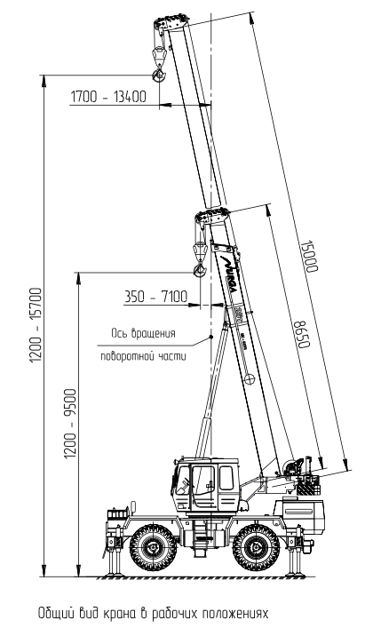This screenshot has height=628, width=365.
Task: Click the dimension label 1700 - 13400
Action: click(x=108, y=97)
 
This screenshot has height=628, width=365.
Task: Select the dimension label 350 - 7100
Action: click(x=155, y=297)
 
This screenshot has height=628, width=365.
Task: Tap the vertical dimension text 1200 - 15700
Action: click(x=36, y=325)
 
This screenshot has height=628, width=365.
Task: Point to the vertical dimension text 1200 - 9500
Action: click(x=70, y=424)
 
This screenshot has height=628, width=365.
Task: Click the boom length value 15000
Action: click(x=309, y=256)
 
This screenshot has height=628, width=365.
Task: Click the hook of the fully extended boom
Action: click(x=159, y=75)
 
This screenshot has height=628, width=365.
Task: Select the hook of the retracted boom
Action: click(x=199, y=271)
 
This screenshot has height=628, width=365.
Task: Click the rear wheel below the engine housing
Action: click(x=255, y=547)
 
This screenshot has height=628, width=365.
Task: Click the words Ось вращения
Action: click(x=143, y=333)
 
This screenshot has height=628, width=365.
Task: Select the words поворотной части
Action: click(x=143, y=356)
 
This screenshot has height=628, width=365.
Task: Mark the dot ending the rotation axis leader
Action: click(x=210, y=338)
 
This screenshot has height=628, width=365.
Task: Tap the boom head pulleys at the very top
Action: click(x=171, y=20)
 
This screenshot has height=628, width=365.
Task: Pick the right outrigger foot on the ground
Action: click(x=296, y=575)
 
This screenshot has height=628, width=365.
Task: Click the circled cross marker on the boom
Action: click(x=250, y=378)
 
